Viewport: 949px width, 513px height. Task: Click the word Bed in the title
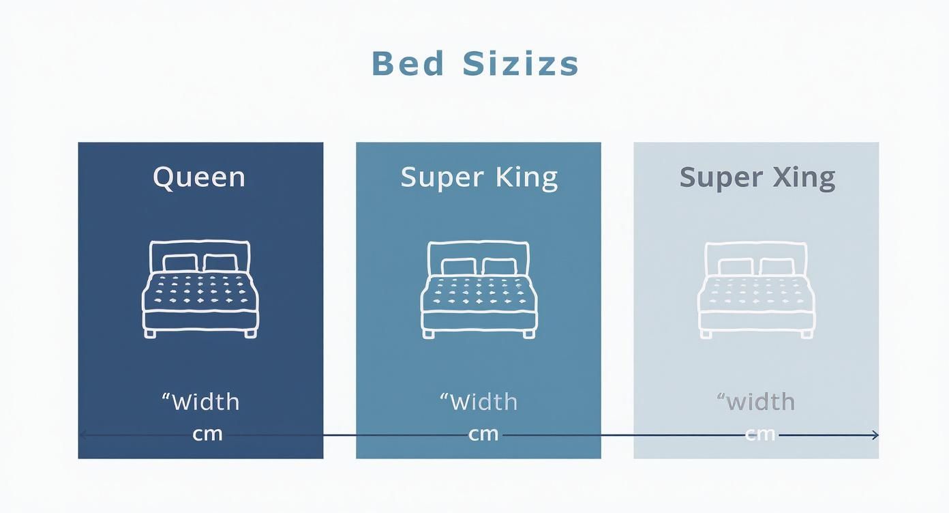click(x=408, y=64)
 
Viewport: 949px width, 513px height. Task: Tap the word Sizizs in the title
click(x=521, y=64)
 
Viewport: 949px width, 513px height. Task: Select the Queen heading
click(x=199, y=177)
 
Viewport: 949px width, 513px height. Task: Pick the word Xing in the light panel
click(x=804, y=177)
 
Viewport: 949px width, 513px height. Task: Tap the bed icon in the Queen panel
click(x=200, y=289)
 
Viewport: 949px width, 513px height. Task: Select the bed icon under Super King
click(x=479, y=289)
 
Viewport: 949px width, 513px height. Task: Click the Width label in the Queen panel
click(x=205, y=402)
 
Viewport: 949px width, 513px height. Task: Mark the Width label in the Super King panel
click(x=483, y=402)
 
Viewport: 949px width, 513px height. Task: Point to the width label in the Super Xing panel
click(x=761, y=402)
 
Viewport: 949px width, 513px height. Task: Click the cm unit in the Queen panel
click(x=207, y=434)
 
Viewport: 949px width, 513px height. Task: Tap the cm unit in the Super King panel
click(x=483, y=434)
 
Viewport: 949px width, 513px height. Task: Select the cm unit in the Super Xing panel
click(x=760, y=434)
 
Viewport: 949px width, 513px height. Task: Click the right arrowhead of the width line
click(x=875, y=435)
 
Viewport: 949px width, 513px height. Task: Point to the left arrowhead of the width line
click(x=82, y=434)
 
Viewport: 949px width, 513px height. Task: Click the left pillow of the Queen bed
click(x=179, y=263)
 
